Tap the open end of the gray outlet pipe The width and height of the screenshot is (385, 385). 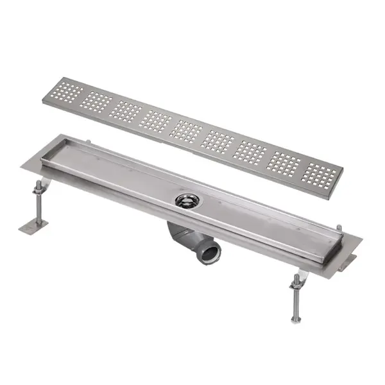212,251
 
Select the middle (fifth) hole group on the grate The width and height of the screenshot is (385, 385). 185,130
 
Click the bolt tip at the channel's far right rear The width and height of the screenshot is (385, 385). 339,227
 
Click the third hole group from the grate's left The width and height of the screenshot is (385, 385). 125,110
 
